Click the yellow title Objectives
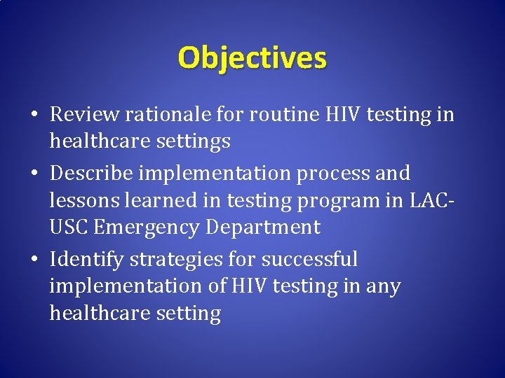[252, 57]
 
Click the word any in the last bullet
[382, 286]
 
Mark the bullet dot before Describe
[36, 173]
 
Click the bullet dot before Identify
[36, 260]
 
